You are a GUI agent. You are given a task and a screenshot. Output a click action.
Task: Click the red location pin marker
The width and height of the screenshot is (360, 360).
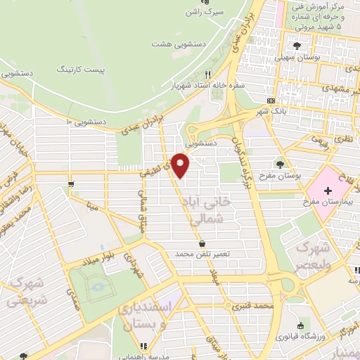[182, 166]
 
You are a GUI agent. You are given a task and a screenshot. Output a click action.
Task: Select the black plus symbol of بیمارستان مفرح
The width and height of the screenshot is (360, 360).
[328, 191]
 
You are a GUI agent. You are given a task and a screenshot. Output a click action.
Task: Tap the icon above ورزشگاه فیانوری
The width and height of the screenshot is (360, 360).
[302, 326]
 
